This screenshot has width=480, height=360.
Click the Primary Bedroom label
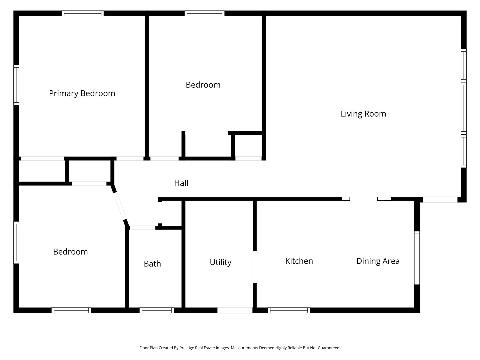tap(82, 94)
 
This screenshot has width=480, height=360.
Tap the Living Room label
tap(363, 114)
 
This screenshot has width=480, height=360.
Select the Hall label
tap(181, 183)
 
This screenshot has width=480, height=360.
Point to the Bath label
tap(152, 264)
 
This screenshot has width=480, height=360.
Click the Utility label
tap(220, 262)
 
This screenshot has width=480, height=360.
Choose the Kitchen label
tap(299, 261)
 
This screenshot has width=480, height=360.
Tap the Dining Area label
tap(378, 261)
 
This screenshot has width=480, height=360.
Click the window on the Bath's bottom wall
tap(157, 310)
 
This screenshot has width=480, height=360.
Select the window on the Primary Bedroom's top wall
tap(83, 13)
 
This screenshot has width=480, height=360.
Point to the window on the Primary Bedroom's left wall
tap(16, 85)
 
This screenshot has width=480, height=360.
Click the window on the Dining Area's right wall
tap(417, 258)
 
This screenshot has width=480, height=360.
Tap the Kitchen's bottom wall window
tap(289, 310)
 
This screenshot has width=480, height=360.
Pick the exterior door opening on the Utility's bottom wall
tap(235, 310)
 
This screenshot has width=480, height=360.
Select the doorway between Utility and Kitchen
tap(255, 267)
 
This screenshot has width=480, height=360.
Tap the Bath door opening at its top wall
tap(143, 228)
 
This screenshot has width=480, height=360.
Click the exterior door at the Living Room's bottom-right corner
tap(440, 199)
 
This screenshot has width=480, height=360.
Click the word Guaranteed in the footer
tap(329, 348)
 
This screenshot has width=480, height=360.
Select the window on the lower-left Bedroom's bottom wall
tap(71, 310)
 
